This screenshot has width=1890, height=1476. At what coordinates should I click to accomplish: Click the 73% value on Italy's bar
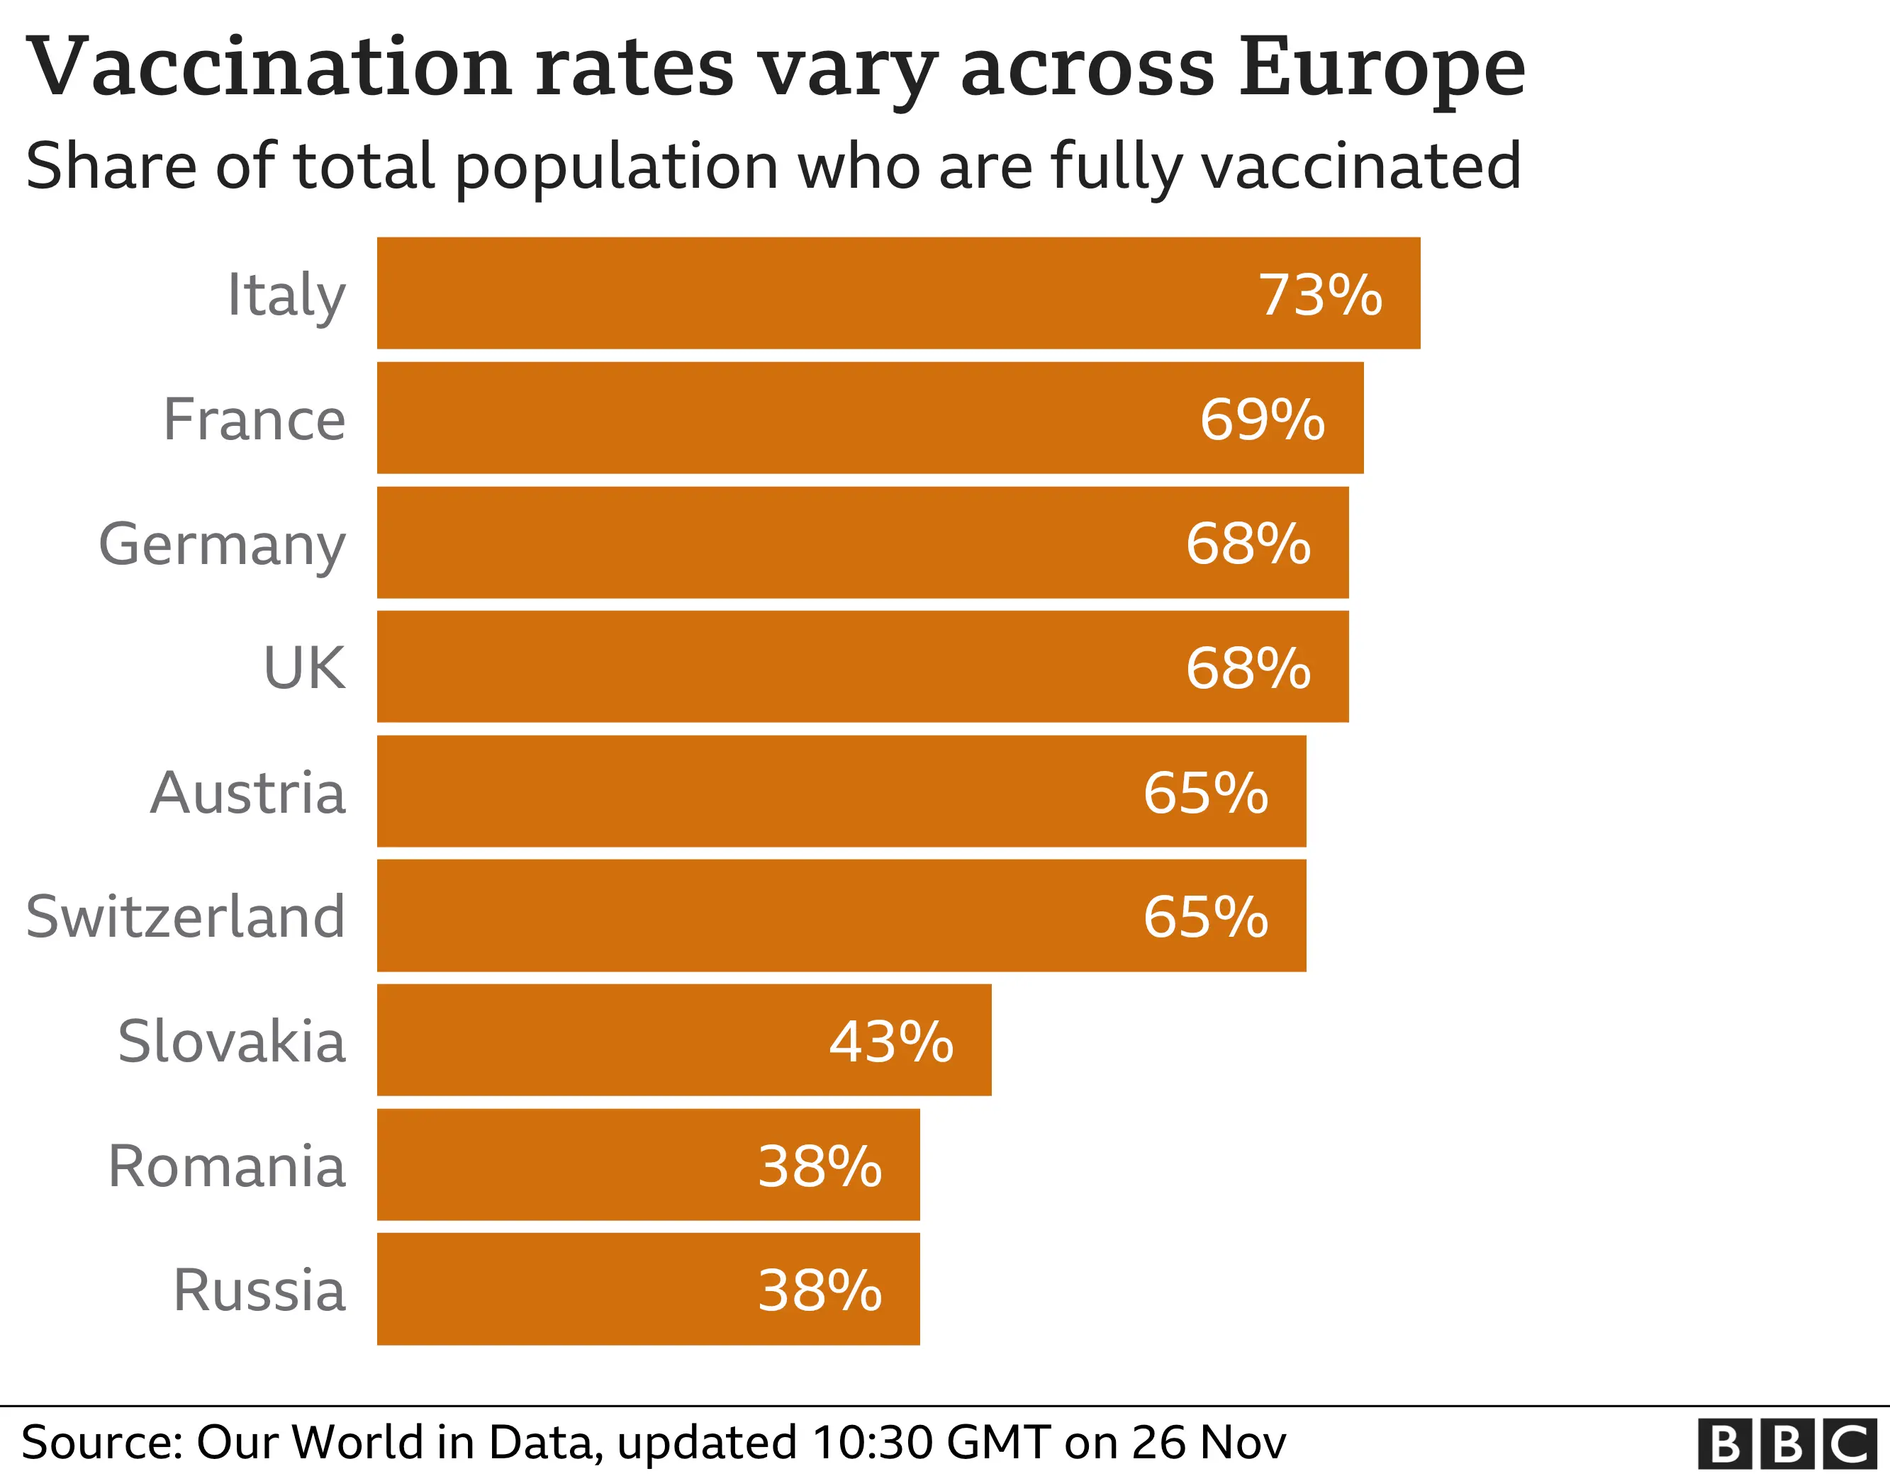(x=1320, y=295)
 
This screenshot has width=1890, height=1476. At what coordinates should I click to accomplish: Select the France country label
(x=255, y=419)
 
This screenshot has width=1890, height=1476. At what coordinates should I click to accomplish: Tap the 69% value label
(x=1262, y=419)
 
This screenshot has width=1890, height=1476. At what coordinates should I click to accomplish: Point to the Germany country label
(x=223, y=545)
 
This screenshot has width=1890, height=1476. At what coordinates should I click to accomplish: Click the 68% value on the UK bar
(x=1248, y=669)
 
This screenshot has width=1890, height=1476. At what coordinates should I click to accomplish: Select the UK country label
(x=305, y=669)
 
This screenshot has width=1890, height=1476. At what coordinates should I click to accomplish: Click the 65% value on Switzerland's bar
(x=1205, y=917)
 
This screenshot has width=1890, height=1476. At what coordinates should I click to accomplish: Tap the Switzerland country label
(x=186, y=917)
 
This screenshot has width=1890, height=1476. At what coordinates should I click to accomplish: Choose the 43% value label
(x=891, y=1042)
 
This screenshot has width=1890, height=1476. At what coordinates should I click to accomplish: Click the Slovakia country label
(x=232, y=1042)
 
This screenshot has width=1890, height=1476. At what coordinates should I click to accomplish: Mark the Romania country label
(x=227, y=1166)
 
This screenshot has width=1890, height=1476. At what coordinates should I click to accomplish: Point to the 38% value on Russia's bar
(x=820, y=1291)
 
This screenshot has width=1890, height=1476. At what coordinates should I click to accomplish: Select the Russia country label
(x=259, y=1291)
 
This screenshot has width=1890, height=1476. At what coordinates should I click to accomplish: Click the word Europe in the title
(x=1382, y=69)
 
